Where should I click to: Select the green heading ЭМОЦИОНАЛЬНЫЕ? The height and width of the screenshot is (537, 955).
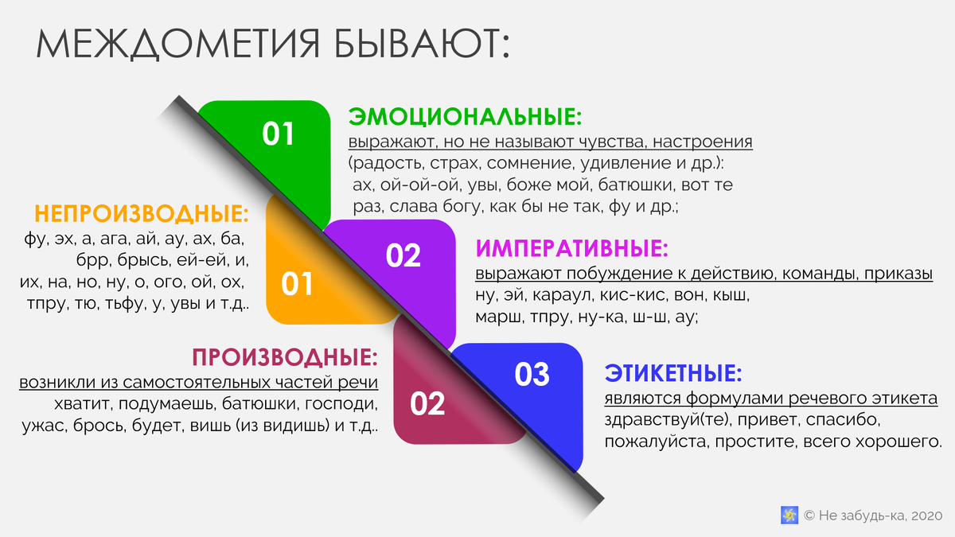click(466, 117)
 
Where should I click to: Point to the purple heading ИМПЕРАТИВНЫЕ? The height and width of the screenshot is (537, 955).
click(572, 249)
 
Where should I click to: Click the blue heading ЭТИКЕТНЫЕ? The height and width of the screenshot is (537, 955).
click(673, 373)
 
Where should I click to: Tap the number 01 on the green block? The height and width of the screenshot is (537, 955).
click(279, 134)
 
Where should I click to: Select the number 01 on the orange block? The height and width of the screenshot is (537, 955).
click(297, 284)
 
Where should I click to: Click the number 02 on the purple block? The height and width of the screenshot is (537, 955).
click(403, 255)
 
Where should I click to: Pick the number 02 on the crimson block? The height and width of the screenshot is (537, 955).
click(427, 404)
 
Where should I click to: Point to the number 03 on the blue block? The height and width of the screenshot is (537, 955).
click(532, 374)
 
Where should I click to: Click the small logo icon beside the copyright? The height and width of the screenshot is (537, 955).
click(789, 515)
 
